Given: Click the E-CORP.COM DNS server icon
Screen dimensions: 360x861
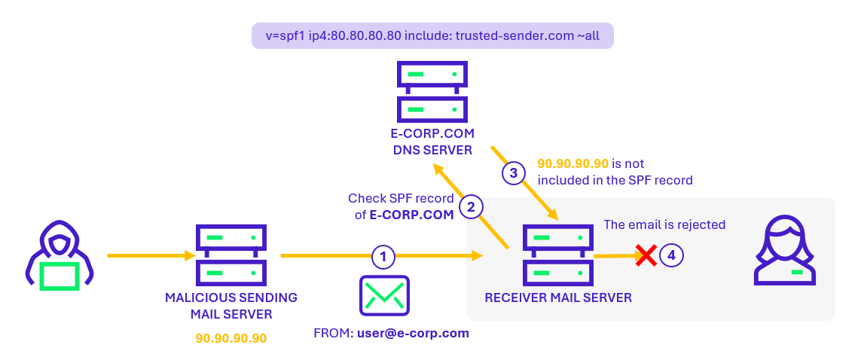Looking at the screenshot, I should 432,92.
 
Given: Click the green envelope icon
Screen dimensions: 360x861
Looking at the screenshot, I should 384,295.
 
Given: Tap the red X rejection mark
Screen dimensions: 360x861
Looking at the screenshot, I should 646,255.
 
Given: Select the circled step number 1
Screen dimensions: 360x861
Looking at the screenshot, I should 383,257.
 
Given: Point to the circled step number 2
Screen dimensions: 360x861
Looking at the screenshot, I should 471,208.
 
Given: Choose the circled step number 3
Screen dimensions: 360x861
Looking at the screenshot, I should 513,173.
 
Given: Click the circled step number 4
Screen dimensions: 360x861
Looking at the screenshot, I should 671,256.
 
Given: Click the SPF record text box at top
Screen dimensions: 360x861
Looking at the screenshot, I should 432,35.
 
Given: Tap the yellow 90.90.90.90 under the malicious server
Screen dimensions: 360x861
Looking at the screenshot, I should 231,338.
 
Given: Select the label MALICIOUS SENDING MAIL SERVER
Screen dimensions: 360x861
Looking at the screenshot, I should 231,306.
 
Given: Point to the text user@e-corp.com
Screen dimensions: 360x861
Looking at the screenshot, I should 413,333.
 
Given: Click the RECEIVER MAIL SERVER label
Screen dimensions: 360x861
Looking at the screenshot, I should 558,297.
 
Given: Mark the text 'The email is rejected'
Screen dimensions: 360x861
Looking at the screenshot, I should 664,224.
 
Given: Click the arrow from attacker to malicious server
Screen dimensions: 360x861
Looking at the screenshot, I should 151,256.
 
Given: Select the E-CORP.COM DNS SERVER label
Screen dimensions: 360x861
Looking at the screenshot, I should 432,142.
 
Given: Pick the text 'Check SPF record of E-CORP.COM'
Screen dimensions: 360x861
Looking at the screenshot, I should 401,206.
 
